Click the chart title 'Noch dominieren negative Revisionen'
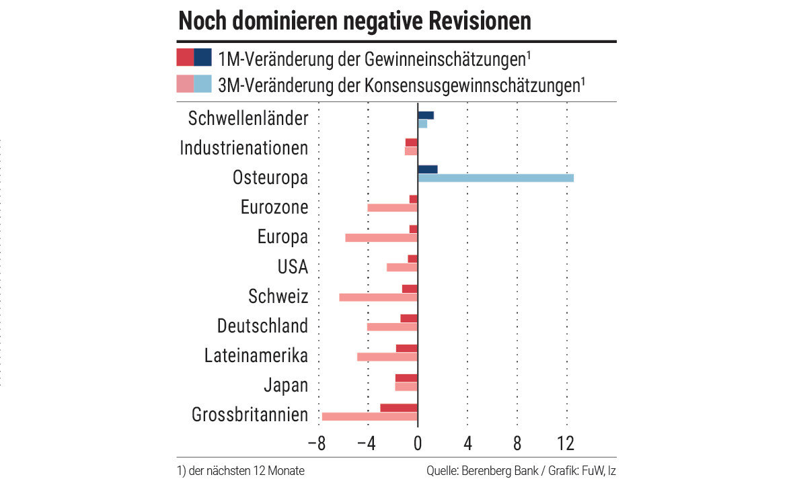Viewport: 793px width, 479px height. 354,21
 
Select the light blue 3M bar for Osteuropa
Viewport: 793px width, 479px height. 496,178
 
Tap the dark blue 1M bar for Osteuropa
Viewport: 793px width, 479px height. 428,169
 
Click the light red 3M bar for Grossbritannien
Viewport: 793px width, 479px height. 370,417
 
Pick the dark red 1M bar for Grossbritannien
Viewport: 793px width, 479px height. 399,408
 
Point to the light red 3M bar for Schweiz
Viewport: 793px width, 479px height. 379,297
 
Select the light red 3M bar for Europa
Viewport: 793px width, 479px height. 381,238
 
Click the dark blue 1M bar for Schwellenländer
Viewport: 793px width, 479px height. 426,115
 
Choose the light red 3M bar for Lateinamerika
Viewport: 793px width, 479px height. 387,357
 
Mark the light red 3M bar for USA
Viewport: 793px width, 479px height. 402,267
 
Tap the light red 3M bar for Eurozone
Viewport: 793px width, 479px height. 393,208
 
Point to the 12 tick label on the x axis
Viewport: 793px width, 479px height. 566,443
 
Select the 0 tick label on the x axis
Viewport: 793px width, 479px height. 418,443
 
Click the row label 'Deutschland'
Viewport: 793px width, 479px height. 262,326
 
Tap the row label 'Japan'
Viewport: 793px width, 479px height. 286,386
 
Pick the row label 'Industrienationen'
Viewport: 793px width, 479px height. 243,148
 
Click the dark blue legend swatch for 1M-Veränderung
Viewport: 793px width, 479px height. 203,58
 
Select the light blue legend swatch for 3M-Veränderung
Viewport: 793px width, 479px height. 203,84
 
